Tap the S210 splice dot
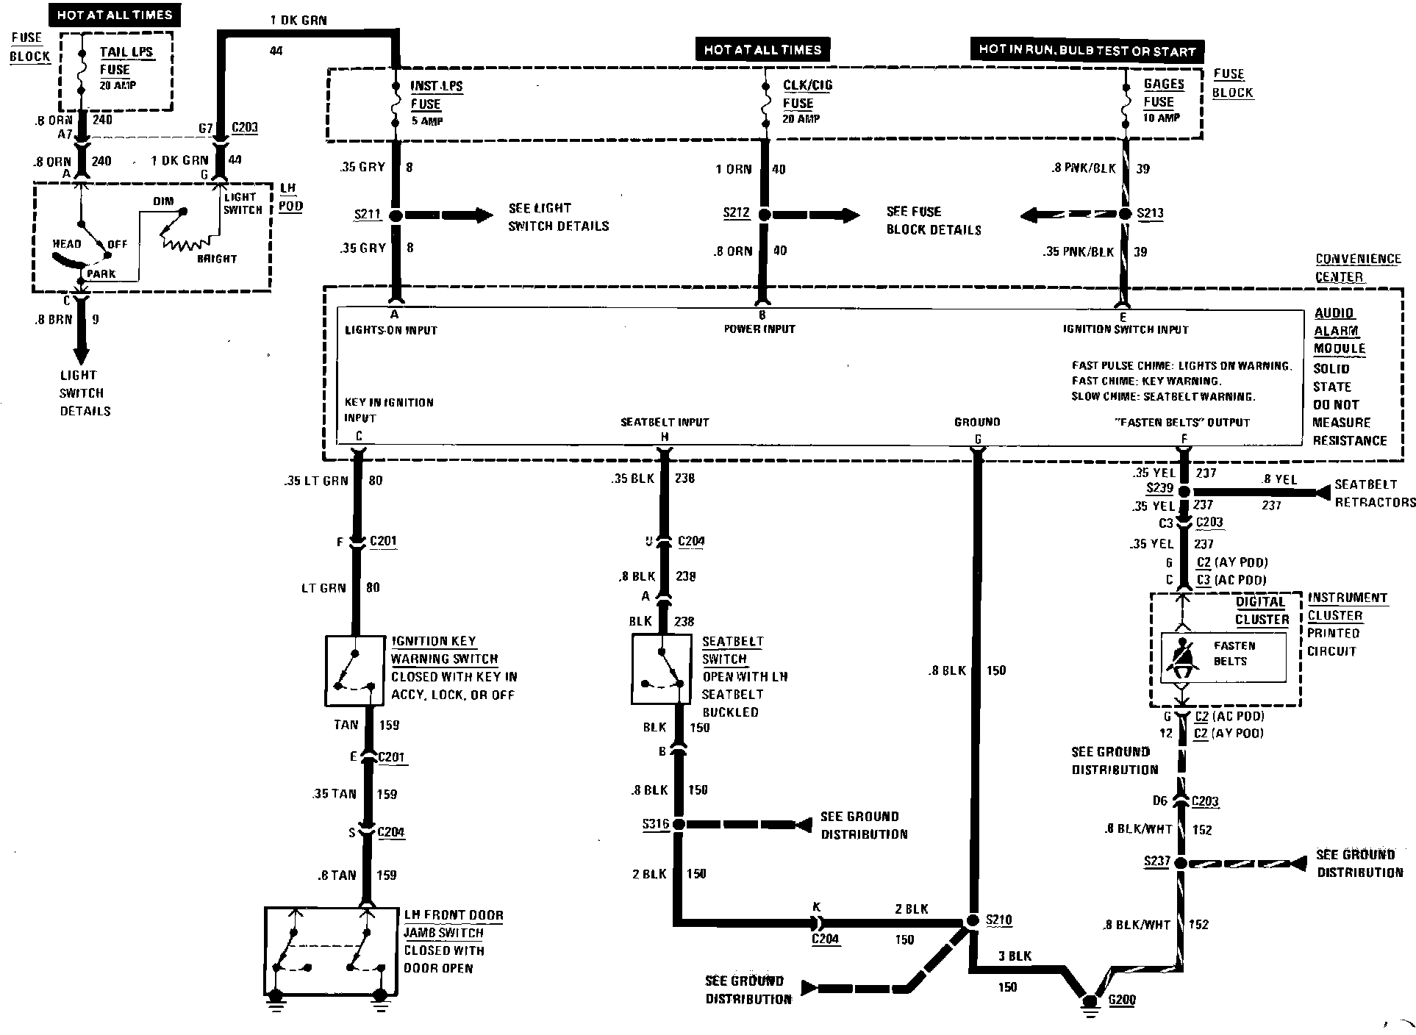click(972, 920)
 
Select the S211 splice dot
click(396, 216)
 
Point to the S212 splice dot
click(764, 215)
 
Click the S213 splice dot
click(1125, 214)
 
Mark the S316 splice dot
click(679, 825)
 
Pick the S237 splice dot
click(1180, 863)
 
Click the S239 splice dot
click(1184, 491)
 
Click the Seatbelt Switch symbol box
click(661, 670)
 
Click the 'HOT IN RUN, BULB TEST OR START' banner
click(1087, 50)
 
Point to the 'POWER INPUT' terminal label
click(759, 329)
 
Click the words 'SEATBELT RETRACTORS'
click(1374, 493)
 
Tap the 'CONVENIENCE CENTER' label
click(1357, 268)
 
